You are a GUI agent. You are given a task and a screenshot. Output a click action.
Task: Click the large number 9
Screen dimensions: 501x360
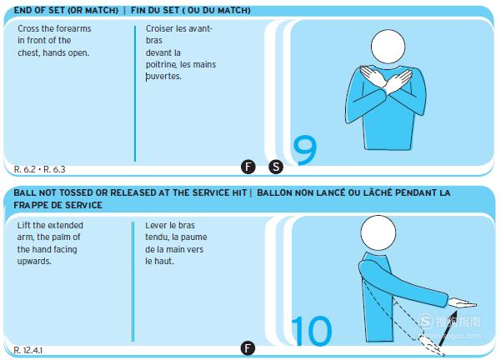[x=305, y=150]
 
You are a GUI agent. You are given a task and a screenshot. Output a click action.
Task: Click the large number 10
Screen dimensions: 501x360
[x=312, y=331]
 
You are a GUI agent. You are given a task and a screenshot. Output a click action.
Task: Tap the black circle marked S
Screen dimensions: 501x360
[x=276, y=167]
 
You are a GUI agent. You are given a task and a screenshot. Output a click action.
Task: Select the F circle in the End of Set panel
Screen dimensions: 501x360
[x=248, y=167]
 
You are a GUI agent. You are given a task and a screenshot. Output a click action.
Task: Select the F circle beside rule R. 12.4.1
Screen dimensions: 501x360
[x=248, y=347]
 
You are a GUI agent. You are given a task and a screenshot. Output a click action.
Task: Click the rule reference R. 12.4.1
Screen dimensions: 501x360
[x=28, y=351]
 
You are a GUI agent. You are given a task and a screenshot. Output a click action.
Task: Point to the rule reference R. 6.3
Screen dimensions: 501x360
[x=54, y=169]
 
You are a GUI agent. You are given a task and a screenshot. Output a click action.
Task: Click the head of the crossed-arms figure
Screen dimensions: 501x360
[x=388, y=47]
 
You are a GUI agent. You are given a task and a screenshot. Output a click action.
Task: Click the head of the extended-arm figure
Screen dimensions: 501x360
[x=378, y=232]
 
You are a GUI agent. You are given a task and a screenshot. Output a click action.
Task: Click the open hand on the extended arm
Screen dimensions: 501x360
[x=462, y=303]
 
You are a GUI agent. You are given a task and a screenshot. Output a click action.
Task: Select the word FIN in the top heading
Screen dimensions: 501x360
[x=138, y=11]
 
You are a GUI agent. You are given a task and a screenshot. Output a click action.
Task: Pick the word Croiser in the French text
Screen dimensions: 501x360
[x=160, y=28]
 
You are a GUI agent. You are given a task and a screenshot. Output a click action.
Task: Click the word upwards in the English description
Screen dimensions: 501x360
[x=34, y=262]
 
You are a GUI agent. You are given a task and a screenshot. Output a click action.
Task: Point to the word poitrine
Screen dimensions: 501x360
[x=161, y=65]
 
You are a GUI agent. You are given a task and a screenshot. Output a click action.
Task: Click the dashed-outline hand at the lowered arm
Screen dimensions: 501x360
[x=431, y=345]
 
